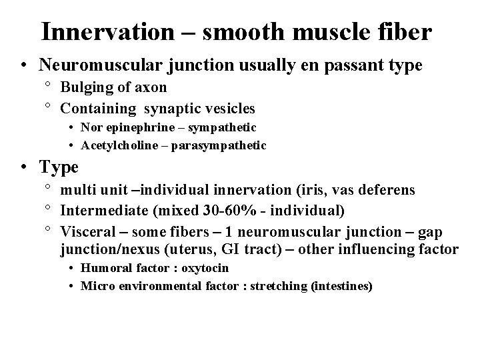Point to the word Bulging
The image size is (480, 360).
(85, 87)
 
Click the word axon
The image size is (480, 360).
(152, 87)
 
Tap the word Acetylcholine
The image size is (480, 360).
(120, 145)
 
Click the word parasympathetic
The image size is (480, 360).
(227, 145)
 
